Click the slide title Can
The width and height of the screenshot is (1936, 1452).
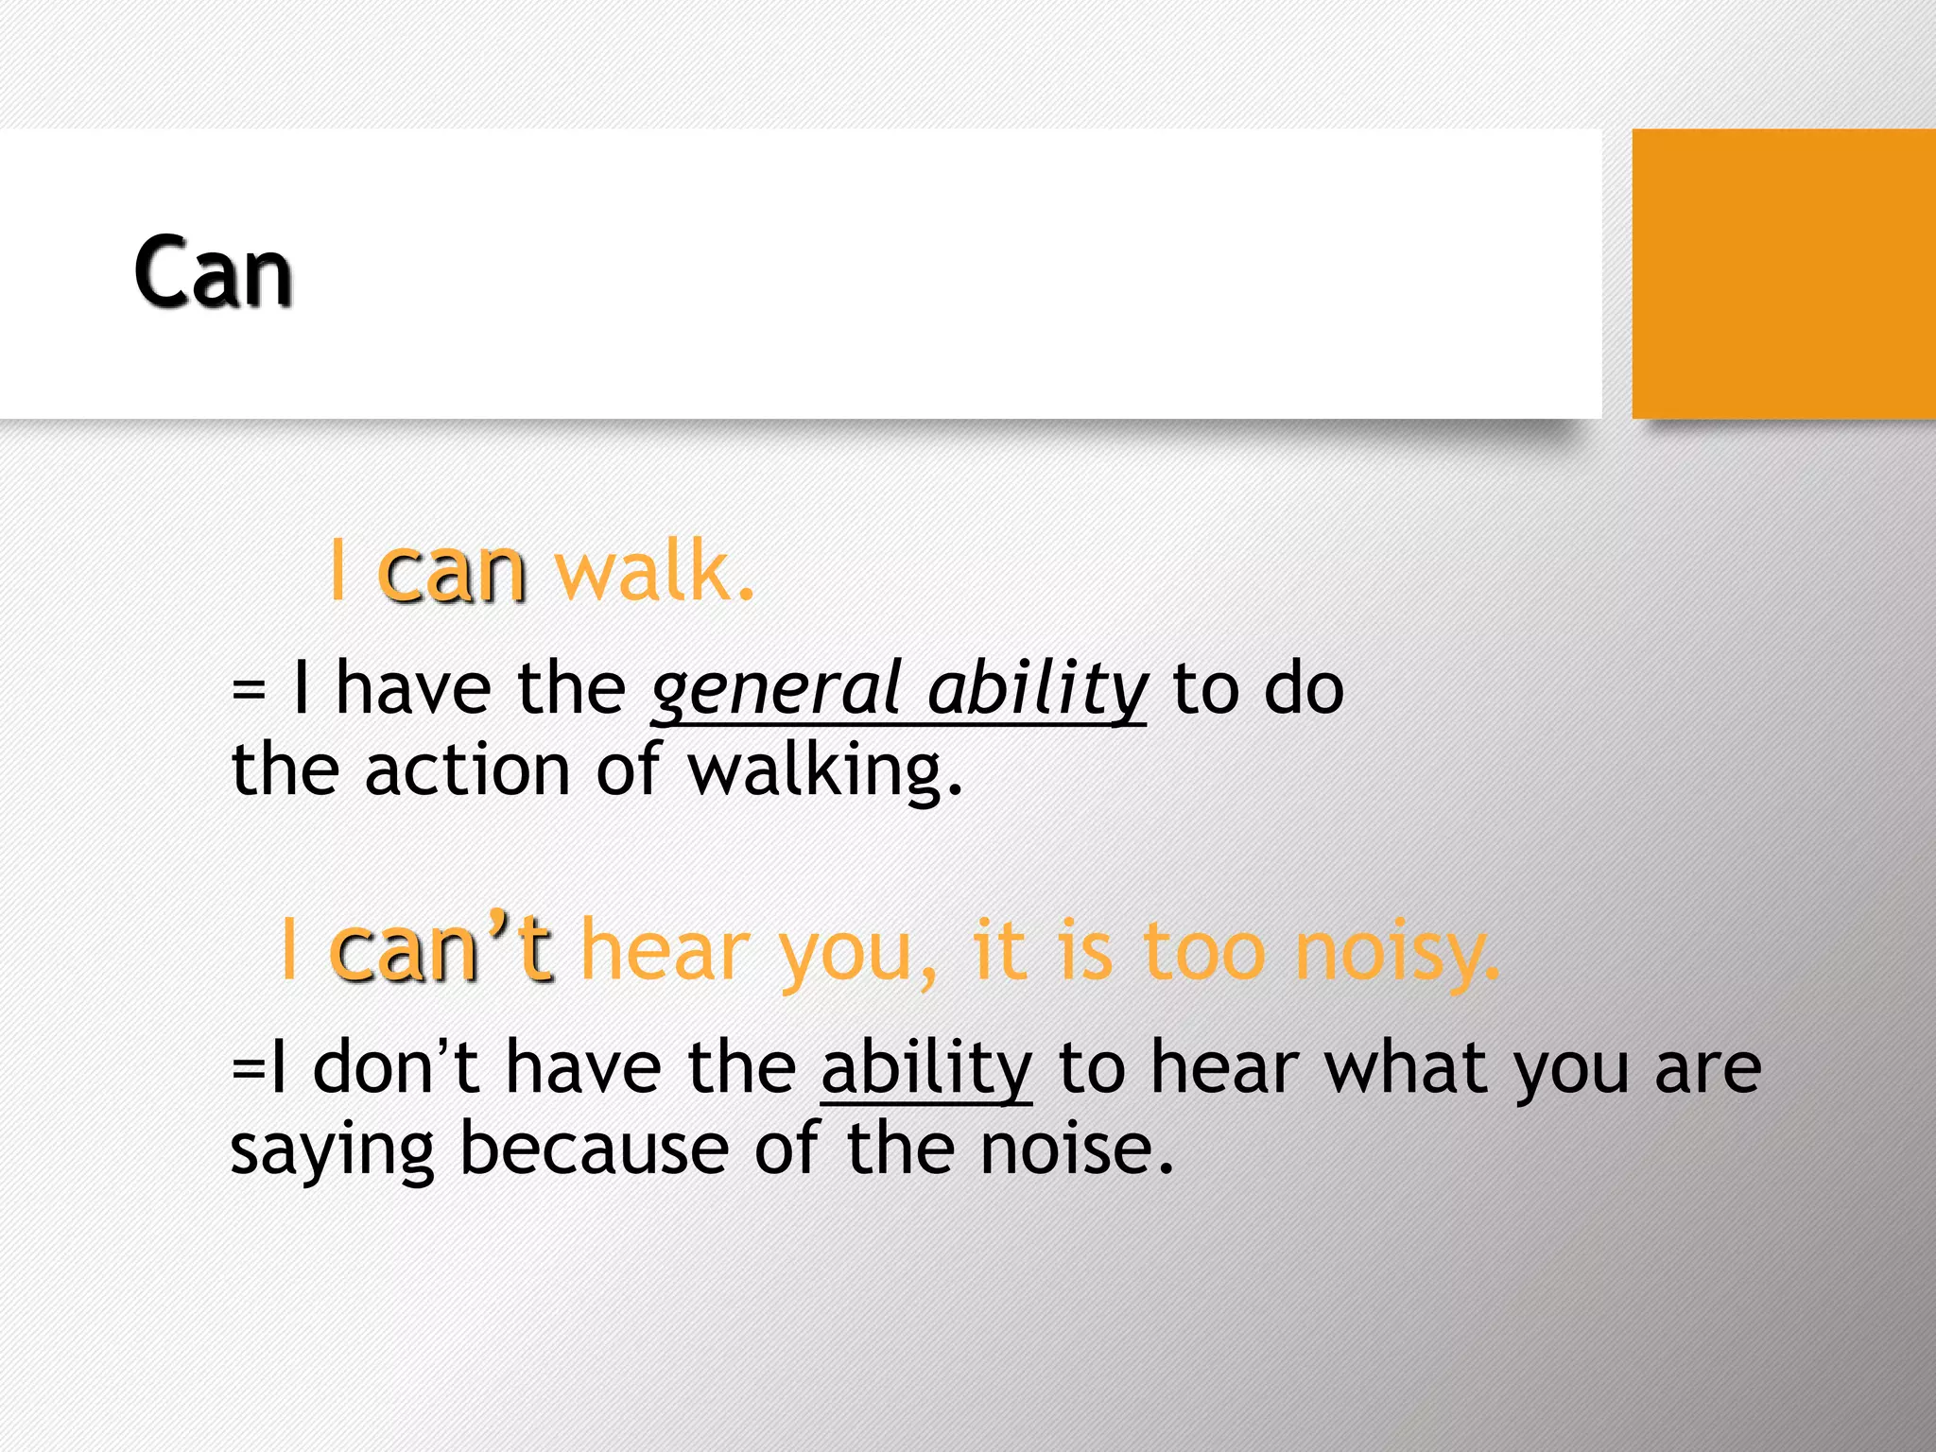pos(213,273)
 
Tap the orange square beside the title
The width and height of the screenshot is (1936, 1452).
pos(1783,273)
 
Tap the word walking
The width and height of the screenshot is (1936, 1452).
pos(825,770)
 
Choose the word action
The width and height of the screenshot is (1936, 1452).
pos(467,770)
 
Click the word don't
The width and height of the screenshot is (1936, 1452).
pos(395,1068)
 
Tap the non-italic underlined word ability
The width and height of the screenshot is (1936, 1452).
pos(926,1068)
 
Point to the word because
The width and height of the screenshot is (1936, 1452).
pos(594,1149)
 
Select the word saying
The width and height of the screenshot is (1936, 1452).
pos(332,1151)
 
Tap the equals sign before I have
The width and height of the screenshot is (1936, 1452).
pos(248,690)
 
